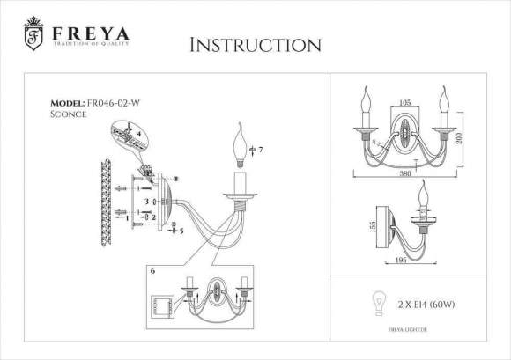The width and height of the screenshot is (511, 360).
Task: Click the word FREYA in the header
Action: (x=91, y=33)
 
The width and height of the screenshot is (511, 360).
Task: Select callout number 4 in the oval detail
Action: (x=137, y=134)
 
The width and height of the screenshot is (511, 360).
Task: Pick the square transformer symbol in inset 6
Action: (x=164, y=306)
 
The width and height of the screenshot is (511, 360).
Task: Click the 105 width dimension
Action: (x=404, y=103)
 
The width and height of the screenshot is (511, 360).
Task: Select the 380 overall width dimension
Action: (x=405, y=173)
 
